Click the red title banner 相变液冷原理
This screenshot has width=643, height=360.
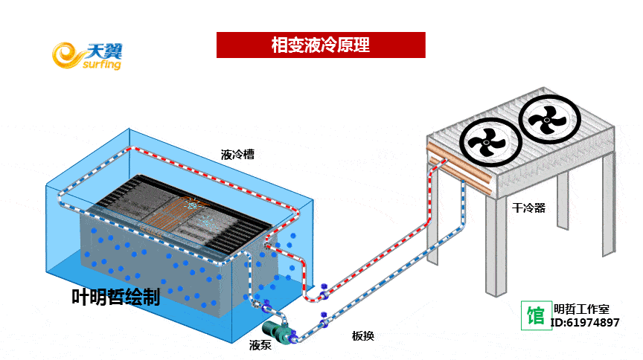320,45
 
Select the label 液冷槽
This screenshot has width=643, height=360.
237,155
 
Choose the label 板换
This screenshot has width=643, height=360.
362,335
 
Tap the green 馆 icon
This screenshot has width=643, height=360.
535,315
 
